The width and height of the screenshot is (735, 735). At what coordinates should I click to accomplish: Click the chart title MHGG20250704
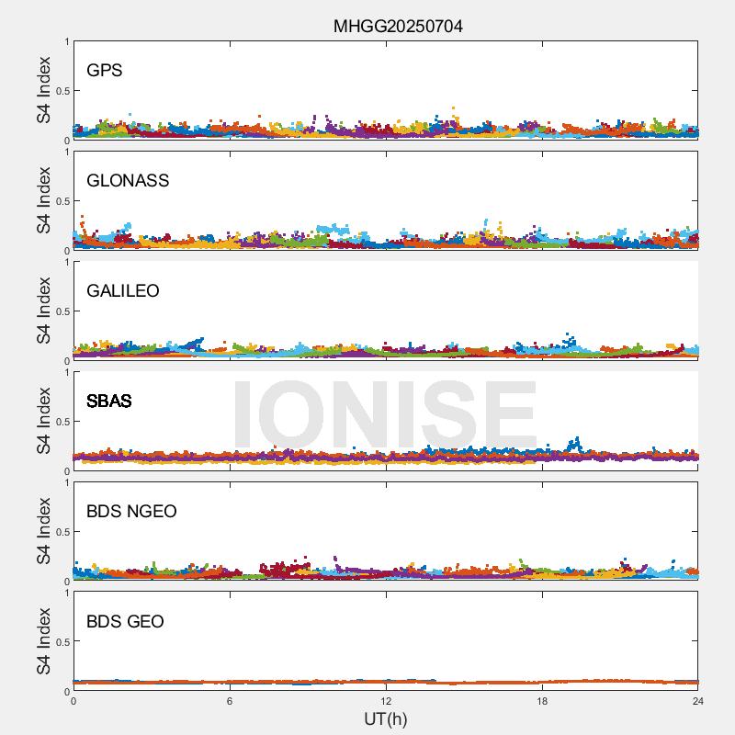pyautogui.click(x=397, y=27)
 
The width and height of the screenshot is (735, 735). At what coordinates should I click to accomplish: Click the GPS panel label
pyautogui.click(x=105, y=70)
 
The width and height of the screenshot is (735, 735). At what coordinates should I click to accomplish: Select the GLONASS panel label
pyautogui.click(x=128, y=180)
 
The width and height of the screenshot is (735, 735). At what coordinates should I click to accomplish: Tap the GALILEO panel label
pyautogui.click(x=123, y=290)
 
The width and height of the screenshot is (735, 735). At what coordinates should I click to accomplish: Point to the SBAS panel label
pyautogui.click(x=109, y=401)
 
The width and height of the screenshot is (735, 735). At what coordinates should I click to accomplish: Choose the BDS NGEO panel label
pyautogui.click(x=131, y=511)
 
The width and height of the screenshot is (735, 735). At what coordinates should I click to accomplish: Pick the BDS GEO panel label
pyautogui.click(x=125, y=621)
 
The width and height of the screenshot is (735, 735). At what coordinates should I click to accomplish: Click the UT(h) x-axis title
pyautogui.click(x=386, y=718)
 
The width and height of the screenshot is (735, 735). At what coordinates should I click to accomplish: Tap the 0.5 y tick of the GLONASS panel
pyautogui.click(x=61, y=201)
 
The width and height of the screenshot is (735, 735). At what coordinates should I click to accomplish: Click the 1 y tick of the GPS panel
pyautogui.click(x=66, y=42)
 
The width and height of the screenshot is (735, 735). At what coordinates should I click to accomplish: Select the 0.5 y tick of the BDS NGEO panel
pyautogui.click(x=61, y=532)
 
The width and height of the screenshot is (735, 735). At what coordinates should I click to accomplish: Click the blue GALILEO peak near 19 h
pyautogui.click(x=570, y=336)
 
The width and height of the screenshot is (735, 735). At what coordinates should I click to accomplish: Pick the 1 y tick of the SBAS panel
pyautogui.click(x=66, y=373)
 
